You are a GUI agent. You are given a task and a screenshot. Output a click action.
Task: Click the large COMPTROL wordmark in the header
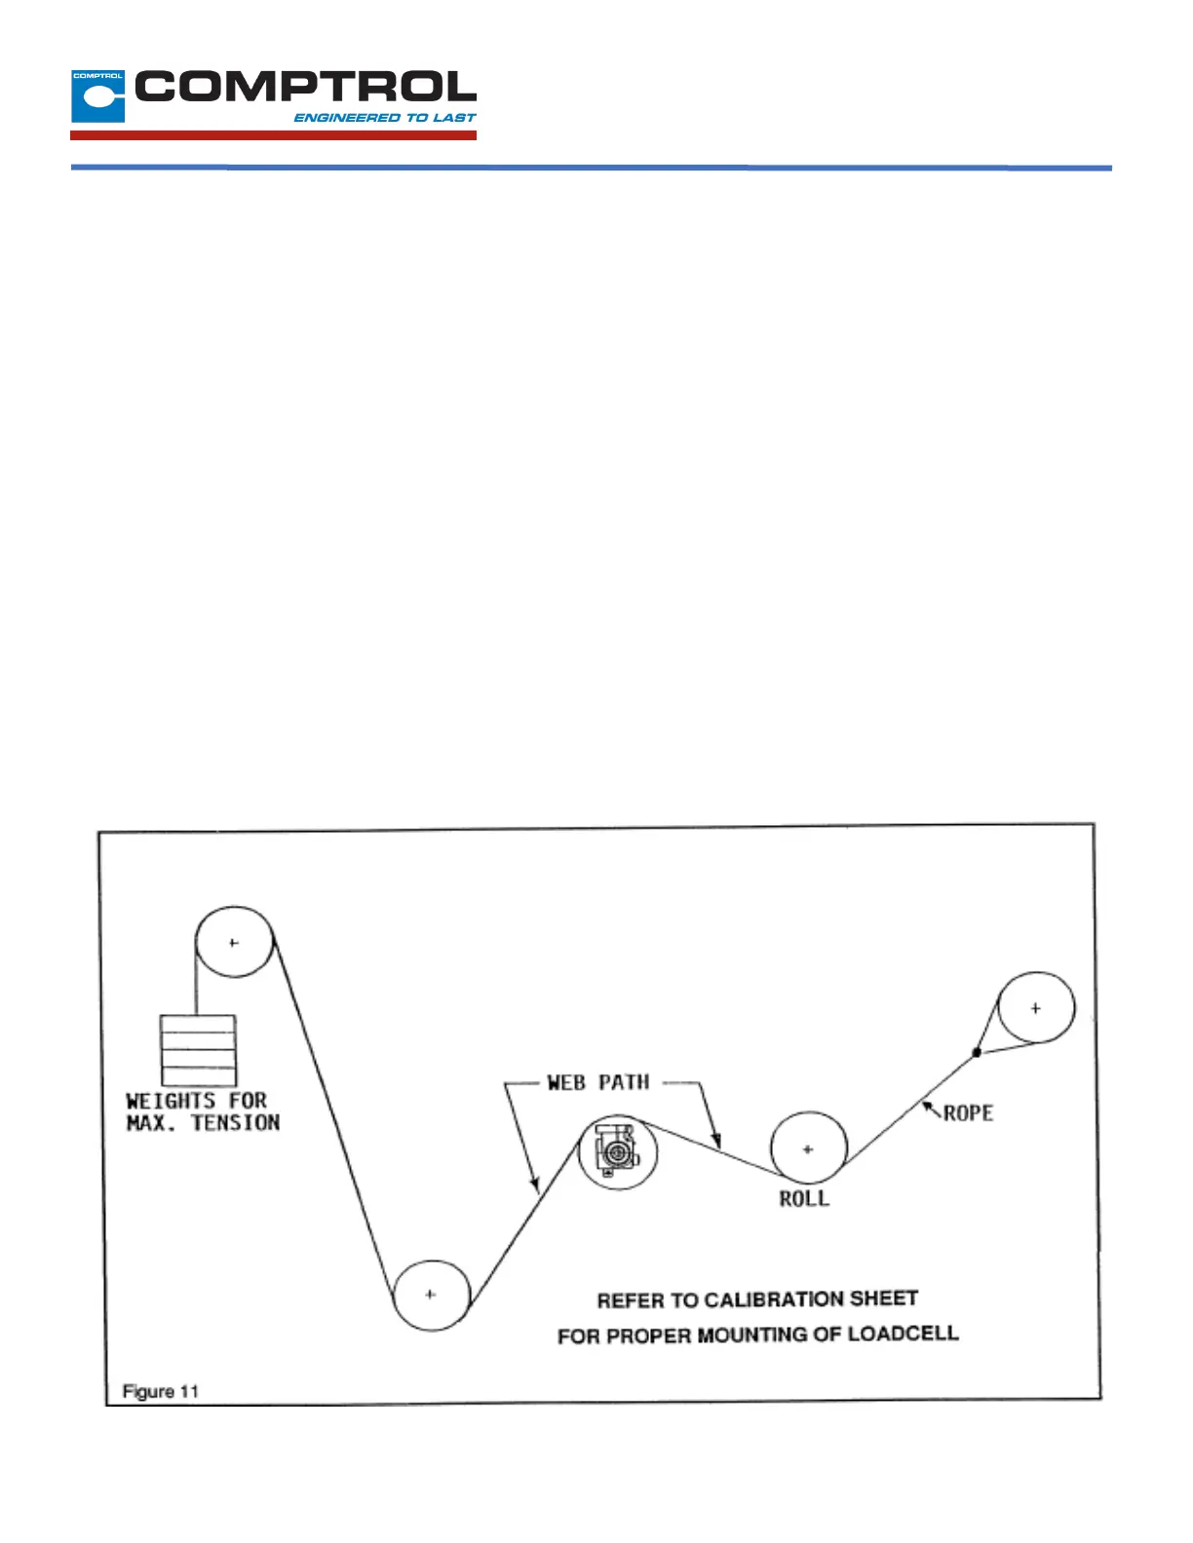(x=305, y=88)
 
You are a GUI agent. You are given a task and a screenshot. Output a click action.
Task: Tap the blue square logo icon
(x=97, y=96)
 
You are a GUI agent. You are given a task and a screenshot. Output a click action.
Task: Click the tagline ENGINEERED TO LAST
(x=385, y=118)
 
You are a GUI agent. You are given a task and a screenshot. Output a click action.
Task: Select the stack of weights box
(x=198, y=1050)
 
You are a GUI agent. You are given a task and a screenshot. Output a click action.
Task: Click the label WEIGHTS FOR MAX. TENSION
(x=203, y=1111)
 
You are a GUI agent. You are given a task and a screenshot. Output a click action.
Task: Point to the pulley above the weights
(x=234, y=942)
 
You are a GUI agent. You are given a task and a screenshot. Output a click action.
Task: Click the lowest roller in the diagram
(x=431, y=1295)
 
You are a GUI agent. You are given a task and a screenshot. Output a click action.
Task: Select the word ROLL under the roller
(x=804, y=1199)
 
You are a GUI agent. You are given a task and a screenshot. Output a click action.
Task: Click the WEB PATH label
(x=597, y=1082)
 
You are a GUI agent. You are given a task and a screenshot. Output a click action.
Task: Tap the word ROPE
(x=968, y=1112)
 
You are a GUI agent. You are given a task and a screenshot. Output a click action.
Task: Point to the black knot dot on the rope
(x=977, y=1052)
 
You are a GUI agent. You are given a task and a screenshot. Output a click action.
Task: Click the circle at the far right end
(x=1036, y=1008)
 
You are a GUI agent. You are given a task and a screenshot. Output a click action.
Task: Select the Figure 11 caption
(x=161, y=1391)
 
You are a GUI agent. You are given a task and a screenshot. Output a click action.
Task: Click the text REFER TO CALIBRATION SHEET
(x=757, y=1299)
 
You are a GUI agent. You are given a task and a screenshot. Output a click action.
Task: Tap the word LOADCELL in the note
(x=903, y=1333)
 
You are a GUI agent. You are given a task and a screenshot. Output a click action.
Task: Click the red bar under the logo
(x=273, y=135)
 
